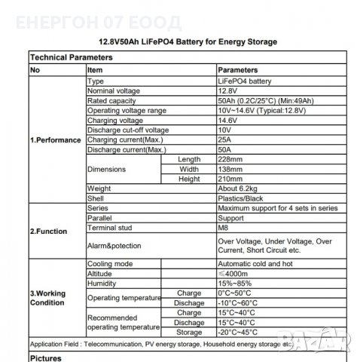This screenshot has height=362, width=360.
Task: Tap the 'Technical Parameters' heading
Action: pyautogui.click(x=64, y=57)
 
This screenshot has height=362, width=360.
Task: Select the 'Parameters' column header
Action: pyautogui.click(x=239, y=69)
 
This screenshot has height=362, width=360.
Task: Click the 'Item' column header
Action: pyautogui.click(x=96, y=69)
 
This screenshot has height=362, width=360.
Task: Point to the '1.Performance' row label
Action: pyautogui.click(x=54, y=140)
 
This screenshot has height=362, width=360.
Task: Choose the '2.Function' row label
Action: pyautogui.click(x=49, y=232)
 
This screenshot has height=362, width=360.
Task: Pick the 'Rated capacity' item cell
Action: pyautogui.click(x=111, y=100)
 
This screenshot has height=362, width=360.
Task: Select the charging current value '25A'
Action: pyautogui.click(x=224, y=140)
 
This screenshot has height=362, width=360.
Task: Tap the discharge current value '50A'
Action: pyautogui.click(x=224, y=149)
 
